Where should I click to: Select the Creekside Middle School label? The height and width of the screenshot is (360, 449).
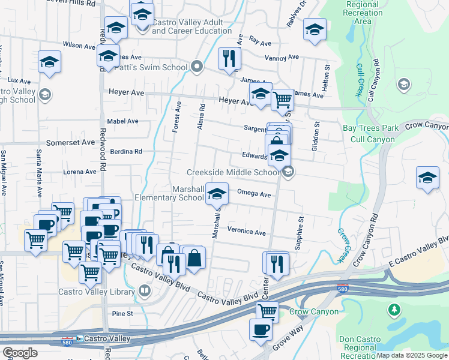click(233, 172)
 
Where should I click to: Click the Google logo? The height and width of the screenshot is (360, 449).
click(20, 353)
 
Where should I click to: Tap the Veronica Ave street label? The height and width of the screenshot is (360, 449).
click(246, 232)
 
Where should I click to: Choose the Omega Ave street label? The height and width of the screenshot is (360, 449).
click(254, 194)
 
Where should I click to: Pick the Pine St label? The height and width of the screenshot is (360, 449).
click(121, 313)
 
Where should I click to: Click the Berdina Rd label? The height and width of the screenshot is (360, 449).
click(125, 152)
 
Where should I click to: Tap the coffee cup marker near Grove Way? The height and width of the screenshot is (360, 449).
click(261, 330)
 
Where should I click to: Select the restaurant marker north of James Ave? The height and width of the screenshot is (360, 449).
click(229, 59)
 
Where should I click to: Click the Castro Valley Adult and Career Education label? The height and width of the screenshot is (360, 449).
click(187, 26)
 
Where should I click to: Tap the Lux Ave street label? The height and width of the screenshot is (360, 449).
click(19, 80)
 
